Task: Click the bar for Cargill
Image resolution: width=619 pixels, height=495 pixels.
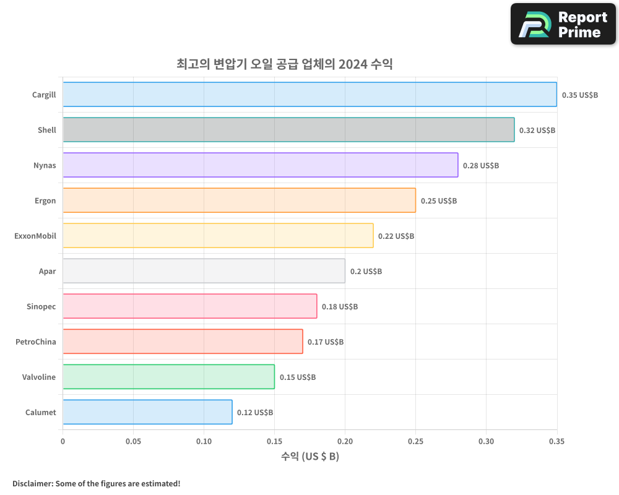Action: pyautogui.click(x=309, y=95)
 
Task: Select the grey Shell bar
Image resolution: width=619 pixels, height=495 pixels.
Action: pyautogui.click(x=288, y=130)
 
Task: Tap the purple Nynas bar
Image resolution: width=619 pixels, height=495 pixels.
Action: pyautogui.click(x=260, y=165)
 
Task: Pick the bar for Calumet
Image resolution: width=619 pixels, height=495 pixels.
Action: pyautogui.click(x=147, y=412)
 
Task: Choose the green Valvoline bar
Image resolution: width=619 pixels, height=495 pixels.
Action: pyautogui.click(x=168, y=377)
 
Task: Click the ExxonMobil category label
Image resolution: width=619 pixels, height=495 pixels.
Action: pyautogui.click(x=35, y=236)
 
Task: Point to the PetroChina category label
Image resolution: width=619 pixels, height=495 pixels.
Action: pyautogui.click(x=36, y=342)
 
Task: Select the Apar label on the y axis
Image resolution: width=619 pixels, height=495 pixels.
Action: pyautogui.click(x=47, y=271)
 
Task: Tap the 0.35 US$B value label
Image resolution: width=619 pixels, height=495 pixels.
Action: pyautogui.click(x=579, y=95)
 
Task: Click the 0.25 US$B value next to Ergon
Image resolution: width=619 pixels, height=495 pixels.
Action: pyautogui.click(x=438, y=201)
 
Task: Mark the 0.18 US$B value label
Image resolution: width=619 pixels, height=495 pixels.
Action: pyautogui.click(x=339, y=307)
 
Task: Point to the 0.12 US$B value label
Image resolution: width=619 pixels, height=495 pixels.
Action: pyautogui.click(x=254, y=413)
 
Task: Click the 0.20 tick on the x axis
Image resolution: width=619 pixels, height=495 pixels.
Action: pyautogui.click(x=345, y=442)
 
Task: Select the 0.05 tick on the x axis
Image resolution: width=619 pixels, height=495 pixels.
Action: pyautogui.click(x=133, y=442)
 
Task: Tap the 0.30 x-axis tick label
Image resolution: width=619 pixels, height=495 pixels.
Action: pyautogui.click(x=486, y=442)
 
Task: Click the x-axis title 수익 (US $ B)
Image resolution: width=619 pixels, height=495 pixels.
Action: pyautogui.click(x=309, y=457)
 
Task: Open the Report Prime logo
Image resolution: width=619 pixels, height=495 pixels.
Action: pyautogui.click(x=563, y=24)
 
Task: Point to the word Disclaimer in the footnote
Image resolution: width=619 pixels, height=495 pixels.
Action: pyautogui.click(x=32, y=483)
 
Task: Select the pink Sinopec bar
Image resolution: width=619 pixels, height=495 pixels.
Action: pyautogui.click(x=189, y=306)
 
